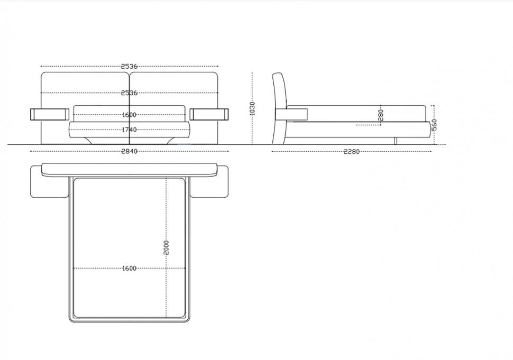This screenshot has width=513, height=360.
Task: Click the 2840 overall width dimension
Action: [129, 151]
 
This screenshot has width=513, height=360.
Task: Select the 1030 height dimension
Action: [252, 108]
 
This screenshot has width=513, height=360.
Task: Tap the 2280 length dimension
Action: [351, 152]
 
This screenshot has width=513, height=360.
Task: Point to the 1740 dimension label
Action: [129, 130]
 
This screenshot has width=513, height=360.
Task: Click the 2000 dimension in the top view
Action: [166, 247]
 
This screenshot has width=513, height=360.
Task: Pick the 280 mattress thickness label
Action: [380, 115]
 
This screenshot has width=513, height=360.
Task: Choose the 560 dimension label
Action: [434, 125]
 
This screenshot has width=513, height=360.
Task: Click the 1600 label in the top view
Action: [129, 269]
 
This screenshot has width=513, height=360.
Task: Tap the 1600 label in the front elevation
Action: [129, 115]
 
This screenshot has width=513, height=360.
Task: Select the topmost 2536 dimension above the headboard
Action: [129, 67]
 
